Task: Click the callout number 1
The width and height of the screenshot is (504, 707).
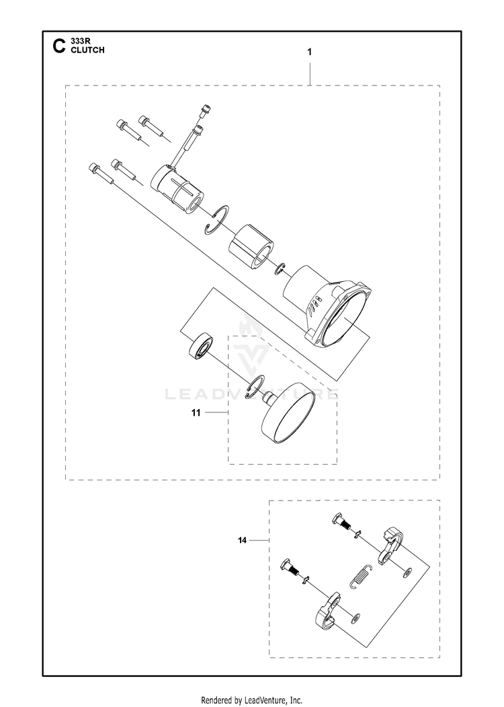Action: pyautogui.click(x=309, y=52)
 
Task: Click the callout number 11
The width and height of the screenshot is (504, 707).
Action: pyautogui.click(x=196, y=412)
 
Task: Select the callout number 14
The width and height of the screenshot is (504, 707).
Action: pyautogui.click(x=243, y=540)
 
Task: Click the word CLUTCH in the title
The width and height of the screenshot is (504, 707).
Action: pyautogui.click(x=87, y=50)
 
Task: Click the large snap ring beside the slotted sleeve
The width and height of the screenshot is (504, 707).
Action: pyautogui.click(x=218, y=219)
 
